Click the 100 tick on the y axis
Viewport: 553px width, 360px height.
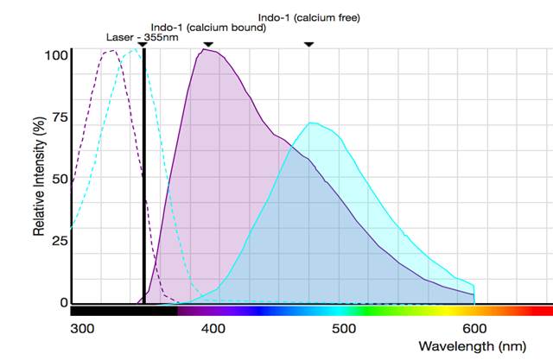pyautogui.click(x=56, y=54)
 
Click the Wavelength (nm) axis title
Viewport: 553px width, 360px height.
pyautogui.click(x=471, y=346)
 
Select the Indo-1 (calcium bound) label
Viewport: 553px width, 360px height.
pyautogui.click(x=207, y=28)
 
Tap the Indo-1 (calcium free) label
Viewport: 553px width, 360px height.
pyautogui.click(x=309, y=16)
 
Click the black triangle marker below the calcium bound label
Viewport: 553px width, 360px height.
pyautogui.click(x=208, y=43)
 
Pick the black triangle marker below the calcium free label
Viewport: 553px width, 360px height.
pyautogui.click(x=309, y=43)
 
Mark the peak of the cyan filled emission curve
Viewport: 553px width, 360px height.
pyautogui.click(x=313, y=123)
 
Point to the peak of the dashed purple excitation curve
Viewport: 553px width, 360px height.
pyautogui.click(x=111, y=50)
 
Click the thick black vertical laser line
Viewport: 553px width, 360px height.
pyautogui.click(x=144, y=173)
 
